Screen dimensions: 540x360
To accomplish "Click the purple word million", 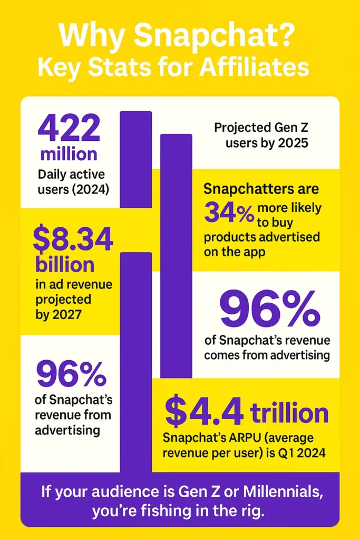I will click(x=69, y=154).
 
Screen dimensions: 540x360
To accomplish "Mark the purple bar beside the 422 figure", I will click(x=136, y=158).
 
